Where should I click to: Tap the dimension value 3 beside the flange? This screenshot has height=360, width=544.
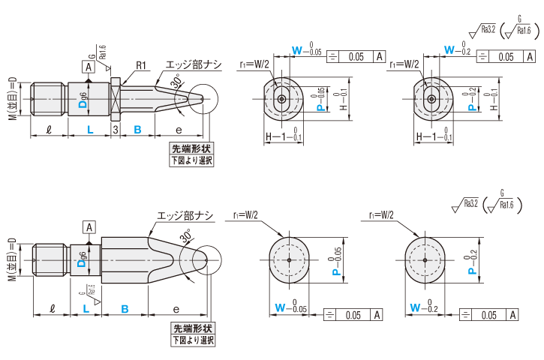(x=115, y=130)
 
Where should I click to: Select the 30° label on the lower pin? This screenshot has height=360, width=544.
(x=186, y=238)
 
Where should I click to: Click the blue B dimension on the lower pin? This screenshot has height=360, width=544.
(x=125, y=308)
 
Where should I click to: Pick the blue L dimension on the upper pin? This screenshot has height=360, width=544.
(x=89, y=130)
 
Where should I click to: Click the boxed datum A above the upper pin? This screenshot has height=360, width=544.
(x=89, y=67)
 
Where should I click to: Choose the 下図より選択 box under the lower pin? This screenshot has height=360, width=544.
(x=193, y=340)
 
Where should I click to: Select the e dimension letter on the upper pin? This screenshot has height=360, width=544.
(x=178, y=130)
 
